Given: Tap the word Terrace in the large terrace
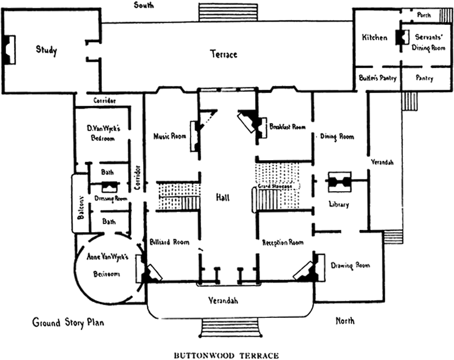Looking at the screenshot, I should pyautogui.click(x=223, y=54).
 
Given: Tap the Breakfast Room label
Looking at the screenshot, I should pyautogui.click(x=288, y=127).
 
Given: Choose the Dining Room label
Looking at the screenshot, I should pyautogui.click(x=337, y=136).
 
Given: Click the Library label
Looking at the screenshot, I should pyautogui.click(x=338, y=204).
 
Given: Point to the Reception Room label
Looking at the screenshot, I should pyautogui.click(x=283, y=243).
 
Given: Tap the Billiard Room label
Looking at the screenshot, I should pyautogui.click(x=170, y=242).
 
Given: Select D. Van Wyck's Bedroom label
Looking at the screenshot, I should pyautogui.click(x=100, y=133).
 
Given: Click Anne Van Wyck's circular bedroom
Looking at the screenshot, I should pyautogui.click(x=108, y=265).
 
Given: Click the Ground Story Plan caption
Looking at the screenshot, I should pyautogui.click(x=68, y=322).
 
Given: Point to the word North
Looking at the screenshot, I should pyautogui.click(x=345, y=321).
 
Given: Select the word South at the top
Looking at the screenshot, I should pyautogui.click(x=145, y=6).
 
